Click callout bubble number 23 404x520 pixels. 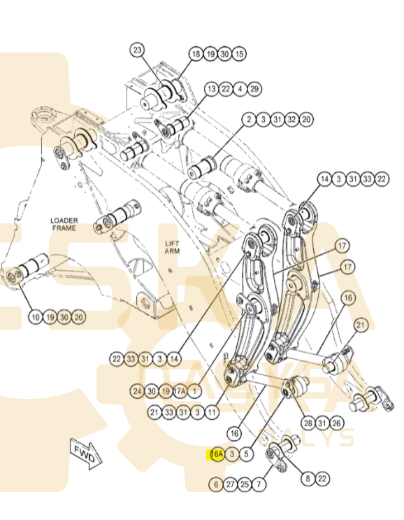coord(137,50)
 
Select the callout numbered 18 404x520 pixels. coord(196,54)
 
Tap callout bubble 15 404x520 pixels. coord(239,54)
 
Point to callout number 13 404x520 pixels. coord(211,89)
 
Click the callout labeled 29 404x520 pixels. coord(254,89)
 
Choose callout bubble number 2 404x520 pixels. coord(249,120)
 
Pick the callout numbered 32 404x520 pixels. coord(291,120)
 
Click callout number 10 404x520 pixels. coord(36,317)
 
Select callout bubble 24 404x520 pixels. coord(137,391)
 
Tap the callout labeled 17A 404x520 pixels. coord(180,391)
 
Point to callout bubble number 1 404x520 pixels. coord(194,391)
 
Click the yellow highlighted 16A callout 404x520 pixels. coord(217,454)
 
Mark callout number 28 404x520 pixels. coord(308,423)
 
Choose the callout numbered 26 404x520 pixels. coord(336,423)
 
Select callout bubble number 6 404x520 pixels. coord(216,484)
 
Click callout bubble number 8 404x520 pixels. coord(308,479)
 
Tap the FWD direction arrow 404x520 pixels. coord(86,454)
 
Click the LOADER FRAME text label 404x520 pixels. coord(64,224)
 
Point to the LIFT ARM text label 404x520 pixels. coord(172,247)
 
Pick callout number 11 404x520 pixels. coord(212,412)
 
